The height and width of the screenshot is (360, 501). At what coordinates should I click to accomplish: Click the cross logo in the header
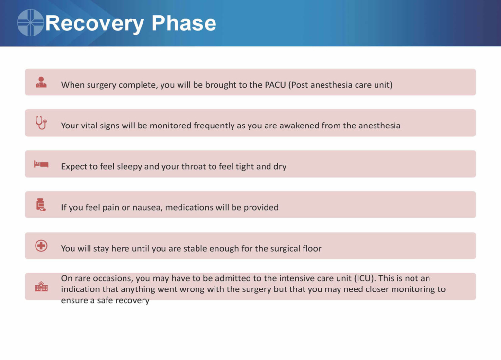click(30, 22)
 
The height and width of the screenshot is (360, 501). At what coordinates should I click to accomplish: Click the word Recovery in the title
click(94, 24)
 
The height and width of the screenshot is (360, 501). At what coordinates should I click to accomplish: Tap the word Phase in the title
click(184, 23)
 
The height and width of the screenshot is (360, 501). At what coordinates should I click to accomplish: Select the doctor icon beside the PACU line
click(41, 82)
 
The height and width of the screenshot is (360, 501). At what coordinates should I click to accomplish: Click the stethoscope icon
click(41, 123)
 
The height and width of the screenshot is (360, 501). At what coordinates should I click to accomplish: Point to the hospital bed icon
click(41, 164)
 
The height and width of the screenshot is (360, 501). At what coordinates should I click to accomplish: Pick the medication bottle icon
click(41, 205)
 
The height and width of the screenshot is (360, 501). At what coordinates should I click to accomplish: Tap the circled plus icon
click(41, 246)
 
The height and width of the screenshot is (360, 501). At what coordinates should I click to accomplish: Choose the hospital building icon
click(41, 287)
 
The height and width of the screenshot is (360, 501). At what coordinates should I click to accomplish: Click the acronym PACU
click(275, 85)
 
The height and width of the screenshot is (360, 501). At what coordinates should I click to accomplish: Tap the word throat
click(194, 166)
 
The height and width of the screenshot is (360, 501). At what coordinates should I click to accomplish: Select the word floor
click(311, 248)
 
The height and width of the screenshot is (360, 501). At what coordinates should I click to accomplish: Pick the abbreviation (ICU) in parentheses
click(365, 278)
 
